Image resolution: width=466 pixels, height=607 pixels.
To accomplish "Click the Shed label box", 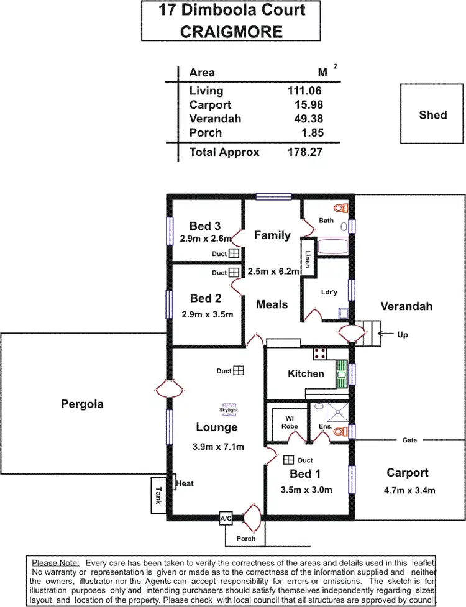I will pos(432,115).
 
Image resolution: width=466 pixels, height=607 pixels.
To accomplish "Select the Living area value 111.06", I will pos(304,91).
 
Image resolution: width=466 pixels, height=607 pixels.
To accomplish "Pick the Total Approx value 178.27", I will pos(304,152).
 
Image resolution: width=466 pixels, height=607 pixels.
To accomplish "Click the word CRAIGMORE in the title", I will pos(231,32).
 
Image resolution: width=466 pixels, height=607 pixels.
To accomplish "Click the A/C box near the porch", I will pos(226,518).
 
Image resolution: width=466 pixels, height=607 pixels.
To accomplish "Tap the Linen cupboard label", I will pos(308,258).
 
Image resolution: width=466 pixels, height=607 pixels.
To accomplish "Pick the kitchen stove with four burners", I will pos(320,354).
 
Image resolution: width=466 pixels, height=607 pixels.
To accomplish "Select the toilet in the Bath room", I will pos(339,208).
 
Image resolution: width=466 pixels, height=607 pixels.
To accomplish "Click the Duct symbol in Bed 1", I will pos(288,460).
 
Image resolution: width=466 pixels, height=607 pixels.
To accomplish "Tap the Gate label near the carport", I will pos(409,440).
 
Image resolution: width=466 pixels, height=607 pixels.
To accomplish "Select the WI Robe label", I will pos(290,422).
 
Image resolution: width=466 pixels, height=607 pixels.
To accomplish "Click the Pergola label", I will pos(82,404).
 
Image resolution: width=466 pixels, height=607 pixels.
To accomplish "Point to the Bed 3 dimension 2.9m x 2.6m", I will pos(206,239).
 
